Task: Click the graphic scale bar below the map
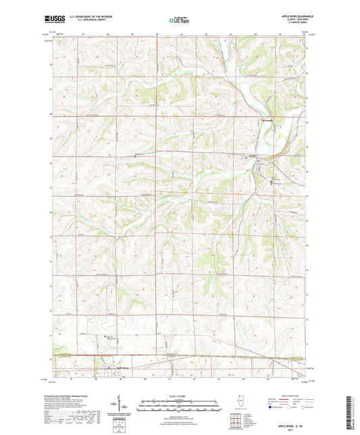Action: pos(179,405)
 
